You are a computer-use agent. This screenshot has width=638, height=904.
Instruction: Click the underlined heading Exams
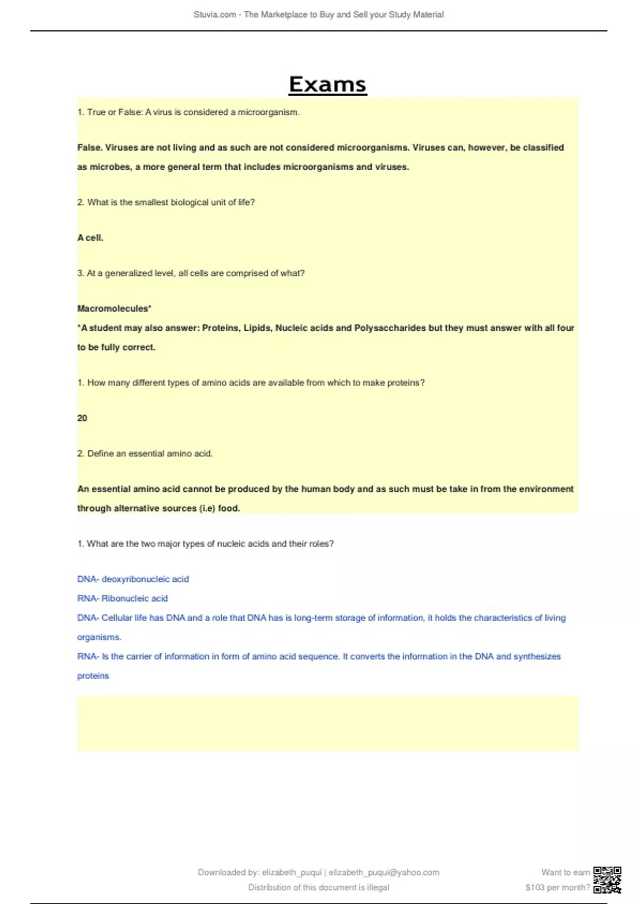click(x=328, y=85)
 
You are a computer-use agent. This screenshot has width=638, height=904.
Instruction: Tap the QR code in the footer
click(x=607, y=880)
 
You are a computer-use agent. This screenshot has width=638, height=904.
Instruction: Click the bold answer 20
click(x=82, y=418)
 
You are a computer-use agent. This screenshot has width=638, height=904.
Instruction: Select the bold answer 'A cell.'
click(x=90, y=238)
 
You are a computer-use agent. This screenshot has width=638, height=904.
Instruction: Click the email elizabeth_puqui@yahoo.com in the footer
click(x=384, y=872)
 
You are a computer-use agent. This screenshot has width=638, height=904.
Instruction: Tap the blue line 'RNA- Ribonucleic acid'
click(x=122, y=598)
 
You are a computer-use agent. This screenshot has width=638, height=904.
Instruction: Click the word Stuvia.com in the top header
click(x=215, y=15)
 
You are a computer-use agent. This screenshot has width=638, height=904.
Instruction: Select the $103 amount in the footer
click(x=538, y=887)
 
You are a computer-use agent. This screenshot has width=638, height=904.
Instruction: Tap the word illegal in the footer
click(x=378, y=887)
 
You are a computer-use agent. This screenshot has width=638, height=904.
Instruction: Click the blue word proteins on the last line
click(x=93, y=676)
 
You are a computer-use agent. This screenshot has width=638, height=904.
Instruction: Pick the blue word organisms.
click(x=99, y=637)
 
